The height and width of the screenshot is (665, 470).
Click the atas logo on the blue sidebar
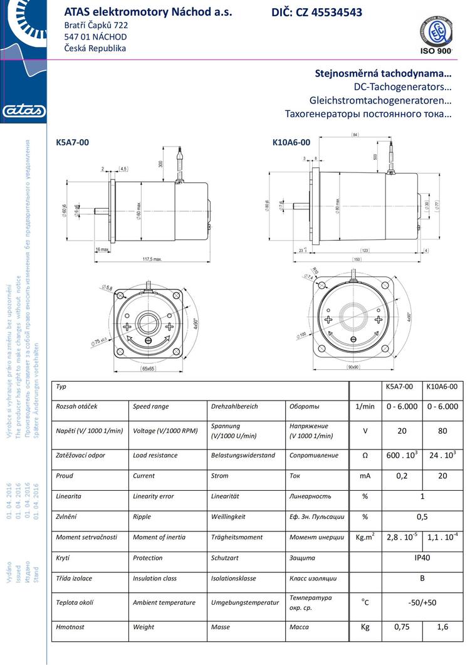24,112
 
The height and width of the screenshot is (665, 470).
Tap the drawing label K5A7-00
72,142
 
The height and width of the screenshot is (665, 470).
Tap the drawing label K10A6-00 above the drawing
291,142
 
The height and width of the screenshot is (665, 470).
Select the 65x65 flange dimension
149,370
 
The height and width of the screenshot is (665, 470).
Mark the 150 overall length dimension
356,258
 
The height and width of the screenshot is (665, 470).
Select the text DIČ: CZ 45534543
316,13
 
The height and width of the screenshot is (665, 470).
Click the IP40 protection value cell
422,558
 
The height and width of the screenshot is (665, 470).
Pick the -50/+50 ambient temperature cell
422,602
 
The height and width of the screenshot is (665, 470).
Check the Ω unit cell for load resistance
365,456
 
